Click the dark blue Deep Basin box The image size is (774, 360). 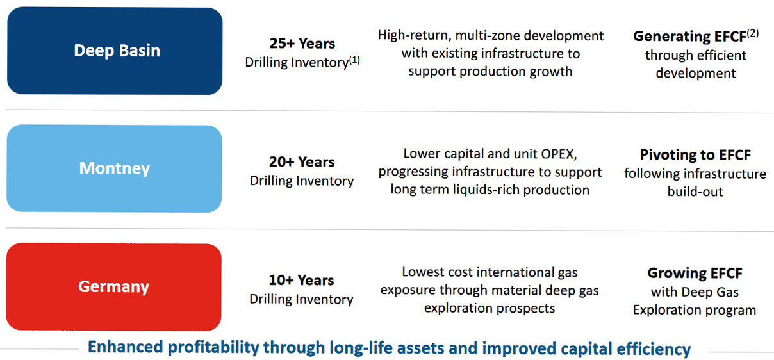115,51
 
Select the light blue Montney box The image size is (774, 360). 115,168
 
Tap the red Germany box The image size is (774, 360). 114,287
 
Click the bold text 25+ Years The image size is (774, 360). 302,44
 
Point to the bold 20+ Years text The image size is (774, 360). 302,161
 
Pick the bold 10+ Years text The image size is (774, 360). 302,280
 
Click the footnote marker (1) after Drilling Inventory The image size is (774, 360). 354,60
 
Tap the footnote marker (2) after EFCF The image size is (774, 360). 753,33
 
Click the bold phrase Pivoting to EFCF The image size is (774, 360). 696,154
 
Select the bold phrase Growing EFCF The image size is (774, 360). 695,273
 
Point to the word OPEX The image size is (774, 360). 559,154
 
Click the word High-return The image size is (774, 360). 415,35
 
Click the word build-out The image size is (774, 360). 695,192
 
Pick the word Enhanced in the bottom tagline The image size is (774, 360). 126,347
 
